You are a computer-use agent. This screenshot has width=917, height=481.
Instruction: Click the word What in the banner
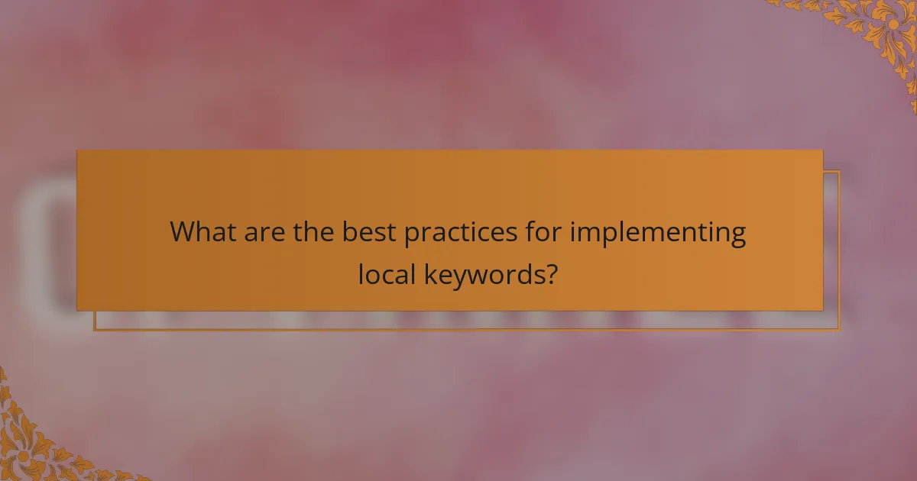tap(203, 231)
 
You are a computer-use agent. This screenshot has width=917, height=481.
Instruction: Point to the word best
tap(369, 231)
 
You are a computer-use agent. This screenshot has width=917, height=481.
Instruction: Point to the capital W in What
tap(183, 231)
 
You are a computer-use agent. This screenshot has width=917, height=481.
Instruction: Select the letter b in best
tap(348, 231)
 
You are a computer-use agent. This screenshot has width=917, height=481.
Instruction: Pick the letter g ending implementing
tap(737, 235)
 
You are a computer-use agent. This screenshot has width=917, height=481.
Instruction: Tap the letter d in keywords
tap(525, 274)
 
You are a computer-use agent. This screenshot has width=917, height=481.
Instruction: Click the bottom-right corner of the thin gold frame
tap(839, 330)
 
